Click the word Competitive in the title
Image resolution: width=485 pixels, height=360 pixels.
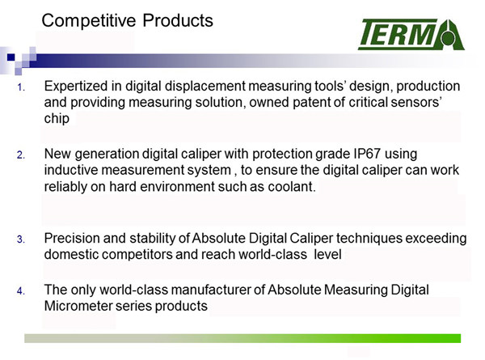tap(89, 21)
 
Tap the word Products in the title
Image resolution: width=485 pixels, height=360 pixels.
tap(178, 20)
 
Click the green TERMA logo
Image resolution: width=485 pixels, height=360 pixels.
tap(411, 34)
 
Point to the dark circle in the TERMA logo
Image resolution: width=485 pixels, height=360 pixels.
tap(448, 39)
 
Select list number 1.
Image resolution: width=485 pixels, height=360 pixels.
tap(21, 87)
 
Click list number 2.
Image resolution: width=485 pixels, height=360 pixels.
tap(21, 155)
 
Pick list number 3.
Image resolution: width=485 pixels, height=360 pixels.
tap(21, 239)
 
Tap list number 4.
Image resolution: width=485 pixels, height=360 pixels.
tap(21, 291)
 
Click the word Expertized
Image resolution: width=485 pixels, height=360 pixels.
tap(76, 87)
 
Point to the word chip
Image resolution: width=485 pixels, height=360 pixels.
tap(57, 119)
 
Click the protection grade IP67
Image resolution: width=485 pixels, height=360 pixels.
tap(367, 154)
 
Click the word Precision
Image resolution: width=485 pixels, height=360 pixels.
tap(72, 239)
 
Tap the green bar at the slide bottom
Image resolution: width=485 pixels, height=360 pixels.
tap(242, 338)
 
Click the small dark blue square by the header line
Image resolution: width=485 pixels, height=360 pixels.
tap(11, 57)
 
